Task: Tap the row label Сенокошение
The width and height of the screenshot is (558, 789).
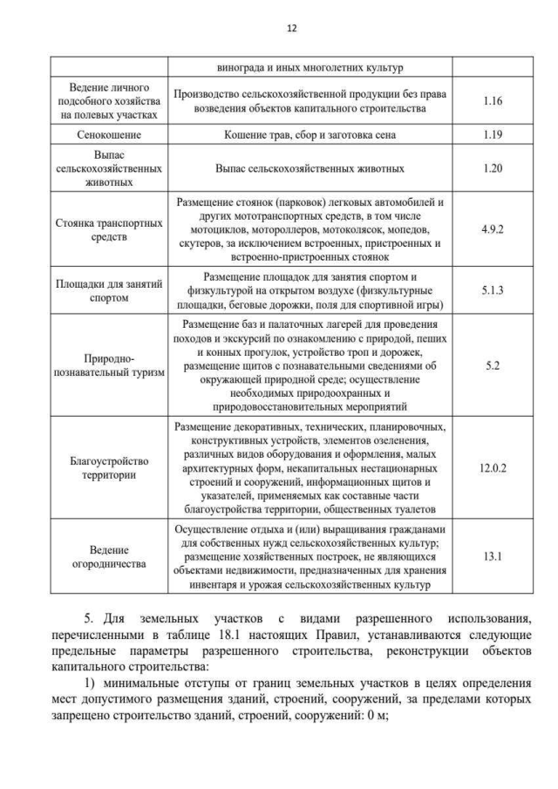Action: pyautogui.click(x=109, y=135)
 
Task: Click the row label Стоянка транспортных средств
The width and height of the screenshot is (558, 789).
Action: pyautogui.click(x=109, y=229)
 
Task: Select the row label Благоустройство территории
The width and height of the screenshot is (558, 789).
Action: pyautogui.click(x=109, y=468)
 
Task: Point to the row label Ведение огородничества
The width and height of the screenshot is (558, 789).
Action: pyautogui.click(x=109, y=557)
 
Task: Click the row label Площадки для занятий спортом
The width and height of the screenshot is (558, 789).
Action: pyautogui.click(x=109, y=291)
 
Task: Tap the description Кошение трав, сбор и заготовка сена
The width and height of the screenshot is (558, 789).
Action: pyautogui.click(x=310, y=135)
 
